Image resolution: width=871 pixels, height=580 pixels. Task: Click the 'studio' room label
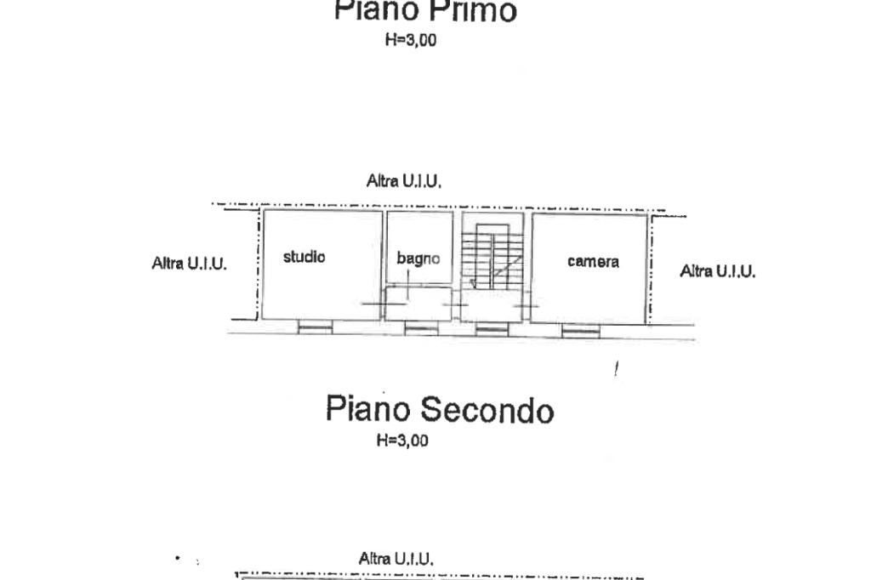(304, 257)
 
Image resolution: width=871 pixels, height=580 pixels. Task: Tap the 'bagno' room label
(418, 259)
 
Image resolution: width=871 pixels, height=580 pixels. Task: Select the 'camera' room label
(593, 262)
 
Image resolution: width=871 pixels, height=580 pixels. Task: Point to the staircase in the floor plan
(491, 255)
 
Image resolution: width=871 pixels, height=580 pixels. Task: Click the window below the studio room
(315, 328)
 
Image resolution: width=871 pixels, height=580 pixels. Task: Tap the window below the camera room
(580, 331)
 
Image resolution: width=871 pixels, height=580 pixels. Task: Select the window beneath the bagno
(421, 329)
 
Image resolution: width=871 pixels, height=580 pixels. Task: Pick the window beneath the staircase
(491, 329)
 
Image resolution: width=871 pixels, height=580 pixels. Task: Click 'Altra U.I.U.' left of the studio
(189, 264)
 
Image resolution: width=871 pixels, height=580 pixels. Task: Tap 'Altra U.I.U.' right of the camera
(717, 271)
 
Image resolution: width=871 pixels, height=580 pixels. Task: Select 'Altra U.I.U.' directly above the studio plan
(404, 181)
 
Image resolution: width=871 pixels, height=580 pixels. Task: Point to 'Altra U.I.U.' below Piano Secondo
(396, 559)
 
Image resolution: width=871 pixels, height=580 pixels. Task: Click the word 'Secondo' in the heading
(487, 410)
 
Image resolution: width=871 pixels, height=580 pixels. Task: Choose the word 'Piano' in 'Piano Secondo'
(368, 410)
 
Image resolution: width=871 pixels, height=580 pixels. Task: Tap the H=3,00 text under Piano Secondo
(401, 441)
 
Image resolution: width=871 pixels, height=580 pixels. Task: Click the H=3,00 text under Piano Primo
(411, 39)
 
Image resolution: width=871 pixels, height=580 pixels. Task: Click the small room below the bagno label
(418, 303)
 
